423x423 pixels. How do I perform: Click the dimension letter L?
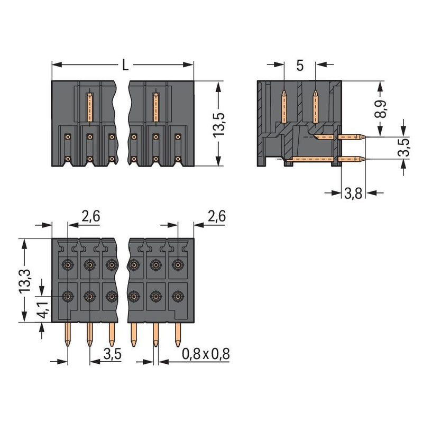125,65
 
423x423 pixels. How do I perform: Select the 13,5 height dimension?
219,124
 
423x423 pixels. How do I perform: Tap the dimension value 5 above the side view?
300,66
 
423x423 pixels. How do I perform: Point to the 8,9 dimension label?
380,109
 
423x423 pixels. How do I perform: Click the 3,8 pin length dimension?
353,193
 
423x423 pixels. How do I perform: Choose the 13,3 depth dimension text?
25,281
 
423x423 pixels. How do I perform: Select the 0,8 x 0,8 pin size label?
206,354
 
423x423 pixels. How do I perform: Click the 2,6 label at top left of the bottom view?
91,216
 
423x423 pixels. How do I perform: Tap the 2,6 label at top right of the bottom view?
216,216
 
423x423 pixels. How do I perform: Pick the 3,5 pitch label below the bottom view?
113,354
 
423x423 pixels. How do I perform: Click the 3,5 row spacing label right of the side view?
403,148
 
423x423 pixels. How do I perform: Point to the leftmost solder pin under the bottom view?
68,335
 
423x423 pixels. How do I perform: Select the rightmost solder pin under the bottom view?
178,335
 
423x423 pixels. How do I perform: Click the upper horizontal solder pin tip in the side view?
364,137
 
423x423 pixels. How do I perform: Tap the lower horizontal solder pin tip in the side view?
364,159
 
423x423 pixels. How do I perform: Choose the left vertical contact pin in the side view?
284,106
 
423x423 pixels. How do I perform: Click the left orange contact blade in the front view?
90,107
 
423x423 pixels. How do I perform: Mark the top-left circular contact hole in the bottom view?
68,264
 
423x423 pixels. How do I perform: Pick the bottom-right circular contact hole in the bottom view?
178,297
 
